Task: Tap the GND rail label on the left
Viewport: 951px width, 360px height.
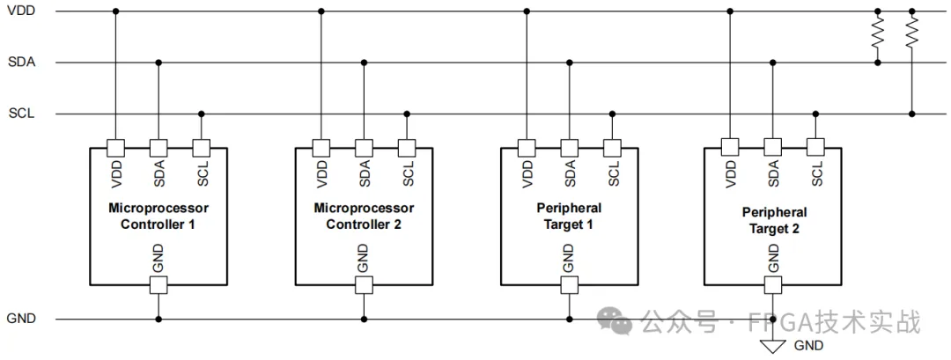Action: tap(20, 319)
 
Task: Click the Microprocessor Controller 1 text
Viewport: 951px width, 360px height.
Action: tap(158, 217)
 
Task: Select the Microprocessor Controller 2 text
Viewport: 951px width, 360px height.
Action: tap(364, 217)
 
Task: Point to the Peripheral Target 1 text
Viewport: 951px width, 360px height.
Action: tap(569, 217)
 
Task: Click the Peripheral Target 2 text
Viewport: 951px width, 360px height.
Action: tap(774, 219)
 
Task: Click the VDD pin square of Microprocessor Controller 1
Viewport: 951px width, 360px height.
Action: tap(115, 147)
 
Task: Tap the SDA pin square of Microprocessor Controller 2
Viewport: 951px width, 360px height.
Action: tap(364, 147)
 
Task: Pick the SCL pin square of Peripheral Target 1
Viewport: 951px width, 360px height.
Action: tap(613, 147)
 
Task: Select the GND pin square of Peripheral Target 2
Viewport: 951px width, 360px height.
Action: tap(773, 284)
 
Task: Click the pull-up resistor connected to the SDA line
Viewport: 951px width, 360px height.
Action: tap(877, 34)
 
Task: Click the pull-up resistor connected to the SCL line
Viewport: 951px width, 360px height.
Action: tap(912, 34)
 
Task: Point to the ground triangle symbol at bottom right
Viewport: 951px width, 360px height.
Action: tap(773, 346)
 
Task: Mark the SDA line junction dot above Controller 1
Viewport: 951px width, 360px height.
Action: tap(158, 62)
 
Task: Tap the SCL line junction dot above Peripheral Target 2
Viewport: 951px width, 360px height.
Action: tap(816, 114)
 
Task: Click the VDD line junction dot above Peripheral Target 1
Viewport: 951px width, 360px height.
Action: tap(527, 11)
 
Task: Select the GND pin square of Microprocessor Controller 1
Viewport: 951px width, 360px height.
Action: tap(158, 284)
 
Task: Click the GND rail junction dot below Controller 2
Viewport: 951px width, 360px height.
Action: tap(364, 319)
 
